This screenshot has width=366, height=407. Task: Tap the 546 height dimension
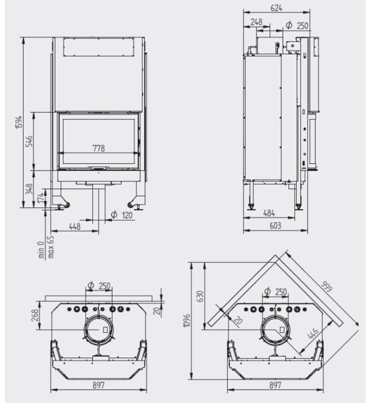(30, 141)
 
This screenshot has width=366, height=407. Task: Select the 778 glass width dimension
(98, 148)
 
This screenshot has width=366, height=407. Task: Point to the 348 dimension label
(29, 189)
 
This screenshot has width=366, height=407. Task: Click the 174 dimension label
(41, 198)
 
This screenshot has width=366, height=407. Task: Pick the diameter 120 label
(122, 215)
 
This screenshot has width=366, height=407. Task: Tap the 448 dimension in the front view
(74, 227)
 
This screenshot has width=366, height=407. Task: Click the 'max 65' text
(51, 246)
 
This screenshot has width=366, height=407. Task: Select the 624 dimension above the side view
(276, 8)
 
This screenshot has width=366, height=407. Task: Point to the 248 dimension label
(256, 22)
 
